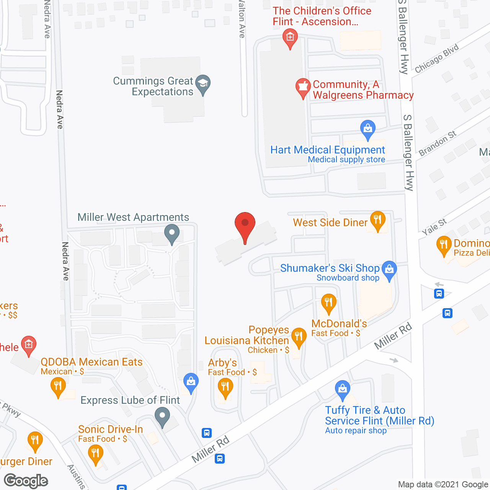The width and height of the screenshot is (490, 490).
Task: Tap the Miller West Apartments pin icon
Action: [x=172, y=233]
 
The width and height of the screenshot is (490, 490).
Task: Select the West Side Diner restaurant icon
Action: [x=377, y=220]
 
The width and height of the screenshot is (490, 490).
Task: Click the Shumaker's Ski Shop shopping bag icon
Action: [x=389, y=269]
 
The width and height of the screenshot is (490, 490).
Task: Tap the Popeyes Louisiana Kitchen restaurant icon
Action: [x=299, y=337]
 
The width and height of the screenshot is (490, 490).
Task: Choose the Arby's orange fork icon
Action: [x=225, y=387]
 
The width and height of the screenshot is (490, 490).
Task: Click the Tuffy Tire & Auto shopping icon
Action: [x=342, y=390]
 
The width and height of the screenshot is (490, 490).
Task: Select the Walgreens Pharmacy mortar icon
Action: [x=303, y=87]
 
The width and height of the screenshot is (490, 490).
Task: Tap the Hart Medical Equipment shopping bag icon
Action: [x=367, y=129]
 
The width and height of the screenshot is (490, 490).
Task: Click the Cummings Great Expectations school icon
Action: [x=203, y=83]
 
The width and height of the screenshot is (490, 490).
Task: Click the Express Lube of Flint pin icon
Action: [x=162, y=416]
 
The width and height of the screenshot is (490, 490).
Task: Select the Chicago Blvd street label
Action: [x=436, y=59]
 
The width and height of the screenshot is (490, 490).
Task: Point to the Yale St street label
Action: [x=434, y=227]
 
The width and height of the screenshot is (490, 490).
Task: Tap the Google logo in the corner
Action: [x=26, y=481]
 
